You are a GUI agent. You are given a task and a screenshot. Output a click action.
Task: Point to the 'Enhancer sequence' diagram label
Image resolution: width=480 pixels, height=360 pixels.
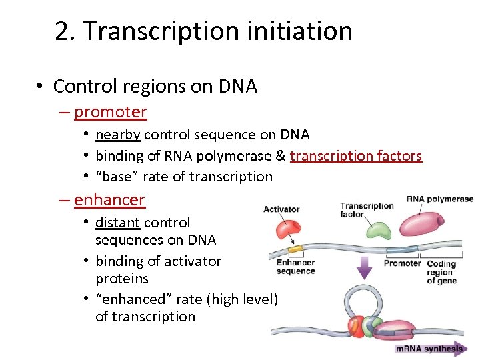(295, 267)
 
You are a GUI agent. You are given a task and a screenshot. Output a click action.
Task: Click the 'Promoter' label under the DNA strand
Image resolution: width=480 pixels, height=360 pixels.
(402, 263)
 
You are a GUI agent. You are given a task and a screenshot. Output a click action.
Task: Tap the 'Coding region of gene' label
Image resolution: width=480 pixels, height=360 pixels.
(441, 272)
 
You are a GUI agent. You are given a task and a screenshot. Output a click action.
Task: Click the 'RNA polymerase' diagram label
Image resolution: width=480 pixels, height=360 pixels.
(439, 199)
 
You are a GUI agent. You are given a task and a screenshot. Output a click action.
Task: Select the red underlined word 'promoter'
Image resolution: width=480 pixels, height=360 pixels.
(110, 112)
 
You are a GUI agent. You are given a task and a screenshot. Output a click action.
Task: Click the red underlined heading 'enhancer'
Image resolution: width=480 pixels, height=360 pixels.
(109, 199)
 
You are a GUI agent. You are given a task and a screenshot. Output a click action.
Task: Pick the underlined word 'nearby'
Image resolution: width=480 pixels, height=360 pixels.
(118, 135)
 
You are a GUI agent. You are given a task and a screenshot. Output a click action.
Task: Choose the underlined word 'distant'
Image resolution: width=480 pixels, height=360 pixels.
(117, 223)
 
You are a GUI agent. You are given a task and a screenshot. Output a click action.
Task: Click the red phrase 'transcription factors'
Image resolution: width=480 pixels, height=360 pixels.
(356, 156)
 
